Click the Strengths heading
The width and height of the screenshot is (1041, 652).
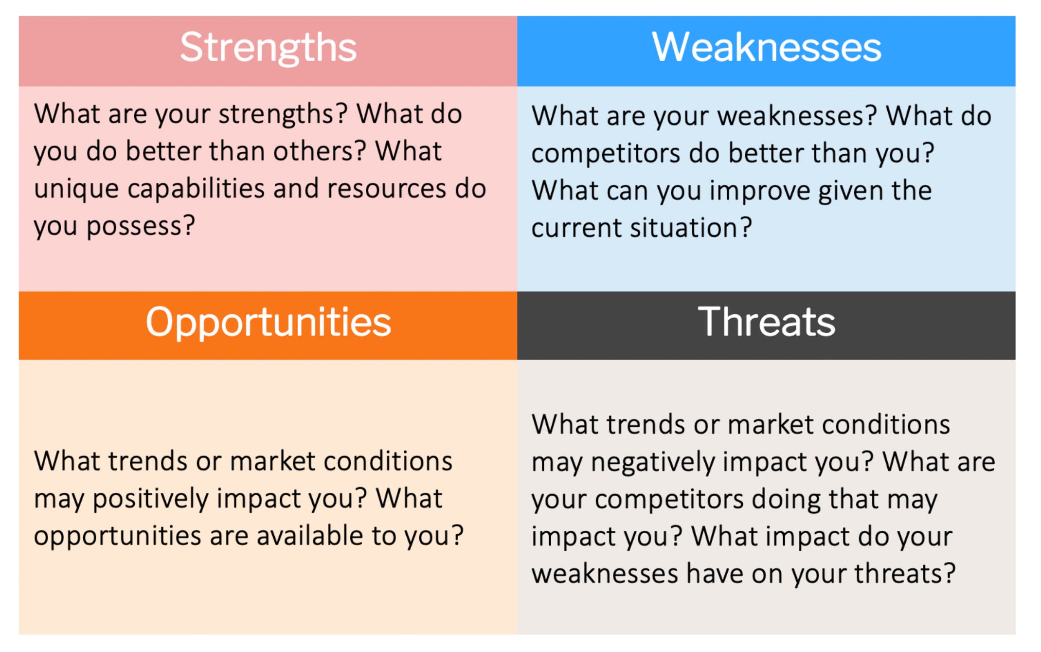pos(268,48)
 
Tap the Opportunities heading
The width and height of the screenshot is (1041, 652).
pos(268,322)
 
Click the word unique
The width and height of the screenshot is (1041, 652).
pos(76,189)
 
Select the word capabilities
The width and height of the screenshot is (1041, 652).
pos(196,189)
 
